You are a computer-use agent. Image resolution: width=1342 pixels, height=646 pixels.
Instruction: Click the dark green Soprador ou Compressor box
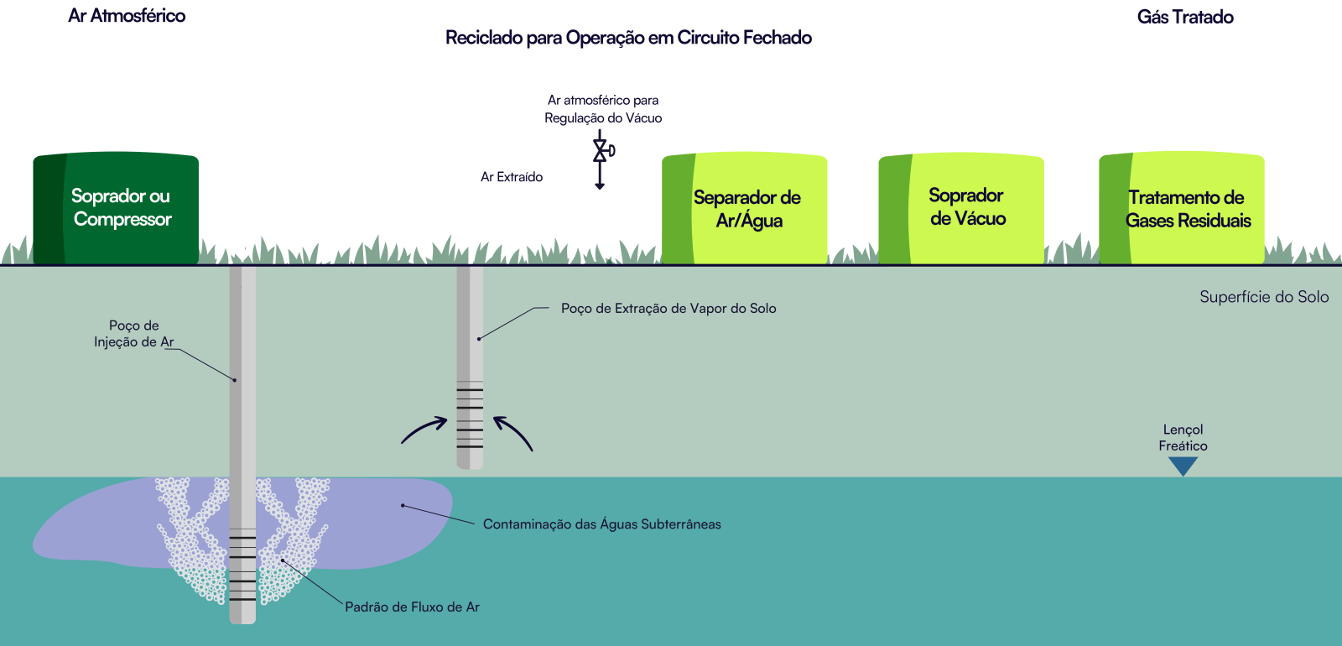pyautogui.click(x=116, y=208)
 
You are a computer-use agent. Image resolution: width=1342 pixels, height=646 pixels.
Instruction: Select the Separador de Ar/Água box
pyautogui.click(x=745, y=209)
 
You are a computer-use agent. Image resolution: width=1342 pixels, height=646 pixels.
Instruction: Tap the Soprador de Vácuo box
pyautogui.click(x=961, y=208)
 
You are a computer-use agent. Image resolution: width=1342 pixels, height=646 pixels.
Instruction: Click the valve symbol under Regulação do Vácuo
pyautogui.click(x=601, y=151)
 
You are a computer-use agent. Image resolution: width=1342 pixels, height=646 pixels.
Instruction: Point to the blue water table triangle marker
pyautogui.click(x=1183, y=466)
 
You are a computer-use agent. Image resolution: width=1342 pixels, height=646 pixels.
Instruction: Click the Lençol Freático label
pyautogui.click(x=1183, y=438)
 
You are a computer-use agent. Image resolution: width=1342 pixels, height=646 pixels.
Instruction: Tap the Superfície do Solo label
pyautogui.click(x=1263, y=297)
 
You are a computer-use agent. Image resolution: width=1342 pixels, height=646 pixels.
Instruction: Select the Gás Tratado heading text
pyautogui.click(x=1184, y=17)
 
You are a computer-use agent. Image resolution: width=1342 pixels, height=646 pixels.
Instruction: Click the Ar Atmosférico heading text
pyautogui.click(x=127, y=16)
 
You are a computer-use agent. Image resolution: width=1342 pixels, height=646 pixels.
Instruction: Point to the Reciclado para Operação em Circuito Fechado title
pyautogui.click(x=628, y=38)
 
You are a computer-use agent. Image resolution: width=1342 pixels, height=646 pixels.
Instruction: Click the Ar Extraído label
pyautogui.click(x=512, y=177)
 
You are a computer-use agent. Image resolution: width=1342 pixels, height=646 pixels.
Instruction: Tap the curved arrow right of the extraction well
pyautogui.click(x=513, y=431)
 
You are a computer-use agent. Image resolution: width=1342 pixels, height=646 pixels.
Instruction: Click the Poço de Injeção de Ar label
pyautogui.click(x=134, y=334)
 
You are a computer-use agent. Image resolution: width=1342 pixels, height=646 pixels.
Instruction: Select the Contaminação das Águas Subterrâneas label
pyautogui.click(x=601, y=524)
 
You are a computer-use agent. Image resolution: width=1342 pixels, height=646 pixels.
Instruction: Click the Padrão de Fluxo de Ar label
pyautogui.click(x=412, y=607)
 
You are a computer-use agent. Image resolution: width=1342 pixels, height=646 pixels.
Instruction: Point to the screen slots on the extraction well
pyautogui.click(x=470, y=415)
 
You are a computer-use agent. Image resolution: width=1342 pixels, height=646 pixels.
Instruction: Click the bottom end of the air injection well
pyautogui.click(x=242, y=618)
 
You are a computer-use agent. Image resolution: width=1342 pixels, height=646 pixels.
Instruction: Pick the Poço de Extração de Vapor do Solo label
pyautogui.click(x=668, y=309)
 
